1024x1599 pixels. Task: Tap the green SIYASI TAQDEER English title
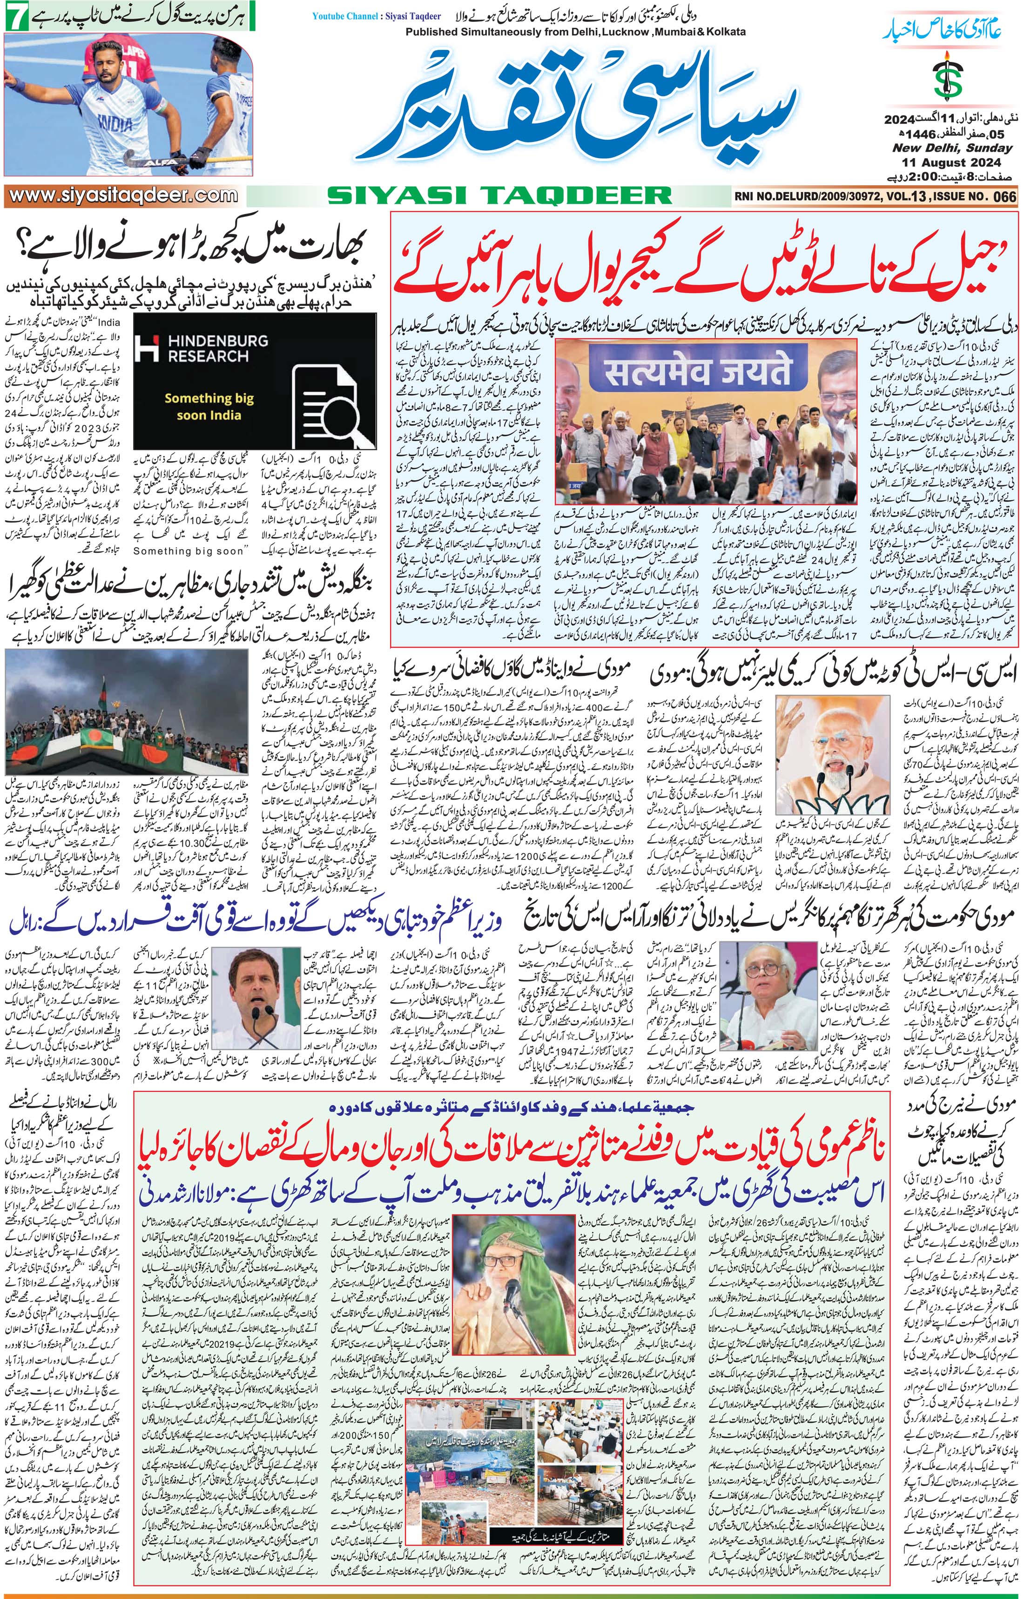point(499,195)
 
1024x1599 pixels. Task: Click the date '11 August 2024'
point(951,163)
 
